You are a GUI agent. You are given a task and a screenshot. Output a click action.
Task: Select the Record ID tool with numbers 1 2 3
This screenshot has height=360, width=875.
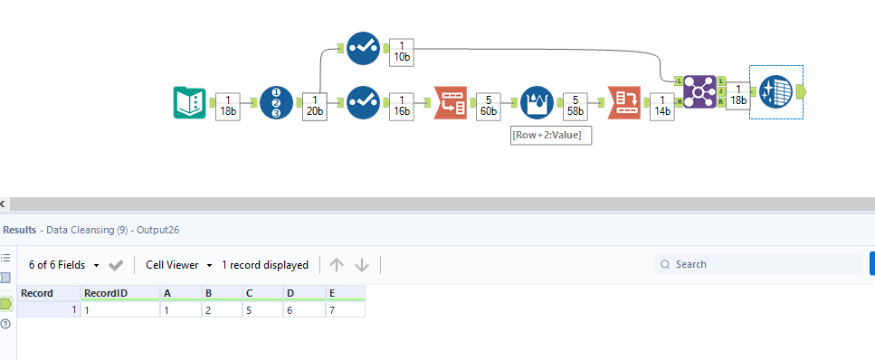[x=276, y=102]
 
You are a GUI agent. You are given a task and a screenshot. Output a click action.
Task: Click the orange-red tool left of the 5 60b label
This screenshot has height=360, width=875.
[x=450, y=102]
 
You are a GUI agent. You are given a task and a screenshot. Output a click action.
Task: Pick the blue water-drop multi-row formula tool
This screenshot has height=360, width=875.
[x=537, y=102]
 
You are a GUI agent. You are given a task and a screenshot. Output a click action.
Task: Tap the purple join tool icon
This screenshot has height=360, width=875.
[x=699, y=91]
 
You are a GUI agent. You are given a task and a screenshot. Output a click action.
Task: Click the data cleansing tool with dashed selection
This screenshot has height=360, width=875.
[x=775, y=91]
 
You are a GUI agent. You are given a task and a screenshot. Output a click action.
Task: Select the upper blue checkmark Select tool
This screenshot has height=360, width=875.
[x=363, y=48]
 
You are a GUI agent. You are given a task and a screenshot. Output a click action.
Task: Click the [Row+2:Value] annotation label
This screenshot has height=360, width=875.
[x=551, y=135]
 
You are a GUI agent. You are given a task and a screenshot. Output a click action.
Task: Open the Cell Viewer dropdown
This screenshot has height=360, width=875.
[x=179, y=265]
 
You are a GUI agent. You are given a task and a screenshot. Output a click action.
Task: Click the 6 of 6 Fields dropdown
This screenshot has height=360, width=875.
[x=63, y=265]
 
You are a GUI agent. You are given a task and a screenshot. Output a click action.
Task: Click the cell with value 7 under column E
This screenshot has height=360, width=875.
[x=345, y=309]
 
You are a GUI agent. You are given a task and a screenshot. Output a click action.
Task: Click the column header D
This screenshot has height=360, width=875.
[x=303, y=293]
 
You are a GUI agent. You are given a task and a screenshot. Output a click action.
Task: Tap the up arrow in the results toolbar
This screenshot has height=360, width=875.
[x=337, y=265]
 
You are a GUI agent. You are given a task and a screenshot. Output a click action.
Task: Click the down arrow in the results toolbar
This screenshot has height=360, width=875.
[x=362, y=265]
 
